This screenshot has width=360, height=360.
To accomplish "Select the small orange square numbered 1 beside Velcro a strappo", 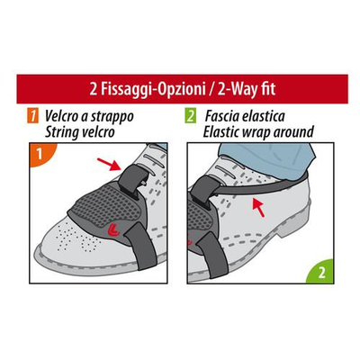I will [32, 117].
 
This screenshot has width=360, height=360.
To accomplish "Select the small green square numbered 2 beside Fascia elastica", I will [190, 117].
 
